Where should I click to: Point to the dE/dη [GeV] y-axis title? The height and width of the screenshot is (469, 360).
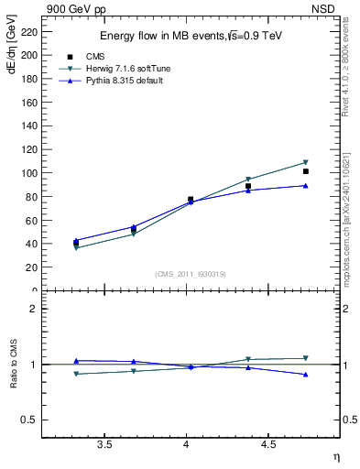coord(11,54)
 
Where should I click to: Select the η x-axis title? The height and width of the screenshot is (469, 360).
coord(335,456)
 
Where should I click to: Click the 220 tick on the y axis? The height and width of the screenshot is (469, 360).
coord(30,31)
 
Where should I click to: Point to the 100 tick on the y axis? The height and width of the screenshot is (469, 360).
coord(30,173)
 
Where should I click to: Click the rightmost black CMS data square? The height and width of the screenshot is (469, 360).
coord(305,171)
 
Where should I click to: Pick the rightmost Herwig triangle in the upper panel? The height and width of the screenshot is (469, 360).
coord(305,162)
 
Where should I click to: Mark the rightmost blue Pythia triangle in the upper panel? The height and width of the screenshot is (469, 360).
coord(305,185)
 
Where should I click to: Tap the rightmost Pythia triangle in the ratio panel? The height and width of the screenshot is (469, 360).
coord(305,375)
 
